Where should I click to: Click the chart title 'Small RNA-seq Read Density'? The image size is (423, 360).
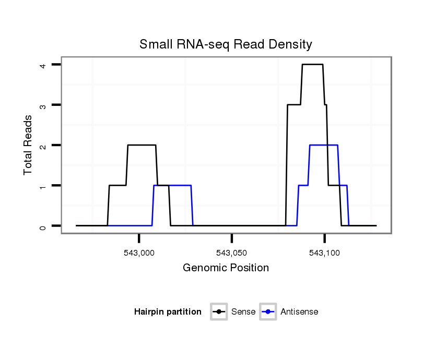(x=226, y=44)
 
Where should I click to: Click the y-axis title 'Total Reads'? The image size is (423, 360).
(x=28, y=145)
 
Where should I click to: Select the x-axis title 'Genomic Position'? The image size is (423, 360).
(x=226, y=268)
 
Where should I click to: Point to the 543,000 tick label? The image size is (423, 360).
(x=139, y=253)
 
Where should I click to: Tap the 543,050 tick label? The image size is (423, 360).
(x=231, y=253)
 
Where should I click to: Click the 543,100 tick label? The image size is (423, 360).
(x=324, y=253)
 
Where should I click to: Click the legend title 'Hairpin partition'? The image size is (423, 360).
(x=168, y=312)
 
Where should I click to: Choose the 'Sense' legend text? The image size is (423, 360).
(x=243, y=312)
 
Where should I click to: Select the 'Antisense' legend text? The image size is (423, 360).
(x=299, y=312)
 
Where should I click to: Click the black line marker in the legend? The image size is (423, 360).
(x=219, y=312)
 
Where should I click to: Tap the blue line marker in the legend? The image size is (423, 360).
(x=268, y=312)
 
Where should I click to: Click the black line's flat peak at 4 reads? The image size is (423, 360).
(x=312, y=64)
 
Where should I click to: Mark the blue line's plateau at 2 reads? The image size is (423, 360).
(x=324, y=145)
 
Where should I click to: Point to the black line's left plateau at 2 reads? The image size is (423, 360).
(x=142, y=145)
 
